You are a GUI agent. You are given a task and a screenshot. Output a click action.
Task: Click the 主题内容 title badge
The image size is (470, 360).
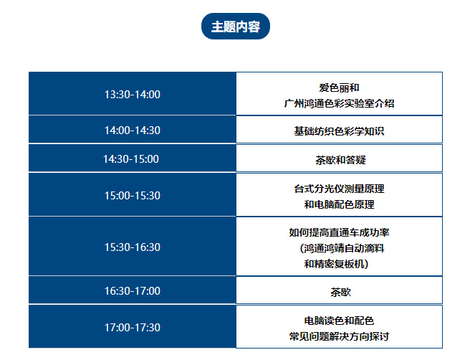click(x=235, y=26)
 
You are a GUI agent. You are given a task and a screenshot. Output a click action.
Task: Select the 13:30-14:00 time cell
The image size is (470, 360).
click(x=132, y=94)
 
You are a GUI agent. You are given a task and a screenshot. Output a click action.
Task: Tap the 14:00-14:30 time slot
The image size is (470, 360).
click(x=132, y=130)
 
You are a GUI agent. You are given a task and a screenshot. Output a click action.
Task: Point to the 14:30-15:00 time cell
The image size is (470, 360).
click(x=132, y=158)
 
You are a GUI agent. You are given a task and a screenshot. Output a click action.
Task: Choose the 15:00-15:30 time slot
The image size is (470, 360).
click(x=132, y=195)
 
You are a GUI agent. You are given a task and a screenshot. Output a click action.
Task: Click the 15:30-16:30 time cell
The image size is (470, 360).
click(x=132, y=247)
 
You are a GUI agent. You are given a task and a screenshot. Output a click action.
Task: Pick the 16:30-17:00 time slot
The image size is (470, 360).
click(x=132, y=290)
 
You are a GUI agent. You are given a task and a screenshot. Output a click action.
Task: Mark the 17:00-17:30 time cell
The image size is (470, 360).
click(x=132, y=327)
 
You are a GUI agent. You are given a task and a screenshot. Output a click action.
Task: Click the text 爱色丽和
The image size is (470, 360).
click(x=339, y=87)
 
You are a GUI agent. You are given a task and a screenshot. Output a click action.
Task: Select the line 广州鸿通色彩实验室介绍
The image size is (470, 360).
click(x=339, y=103)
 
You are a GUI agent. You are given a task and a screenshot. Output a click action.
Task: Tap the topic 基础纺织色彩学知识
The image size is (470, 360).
click(x=339, y=131)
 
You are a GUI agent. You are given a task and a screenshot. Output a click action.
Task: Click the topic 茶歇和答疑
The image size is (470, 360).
click(x=340, y=160)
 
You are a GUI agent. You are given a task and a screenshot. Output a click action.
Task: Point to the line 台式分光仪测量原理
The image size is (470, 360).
click(x=339, y=189)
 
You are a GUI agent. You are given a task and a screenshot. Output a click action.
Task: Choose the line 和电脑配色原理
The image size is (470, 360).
click(x=339, y=204)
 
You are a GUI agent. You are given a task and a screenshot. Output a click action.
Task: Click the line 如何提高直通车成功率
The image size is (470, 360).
click(x=339, y=232)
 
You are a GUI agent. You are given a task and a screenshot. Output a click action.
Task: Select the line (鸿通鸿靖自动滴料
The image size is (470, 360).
click(x=342, y=248)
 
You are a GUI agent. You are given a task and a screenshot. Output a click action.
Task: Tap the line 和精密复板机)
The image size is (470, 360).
click(x=336, y=264)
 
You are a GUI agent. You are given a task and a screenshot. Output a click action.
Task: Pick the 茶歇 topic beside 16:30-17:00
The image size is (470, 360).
click(x=340, y=292)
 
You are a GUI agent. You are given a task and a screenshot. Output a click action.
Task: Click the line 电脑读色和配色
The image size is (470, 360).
click(x=339, y=321)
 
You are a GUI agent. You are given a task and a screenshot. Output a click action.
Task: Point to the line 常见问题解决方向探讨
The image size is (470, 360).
click(x=339, y=336)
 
